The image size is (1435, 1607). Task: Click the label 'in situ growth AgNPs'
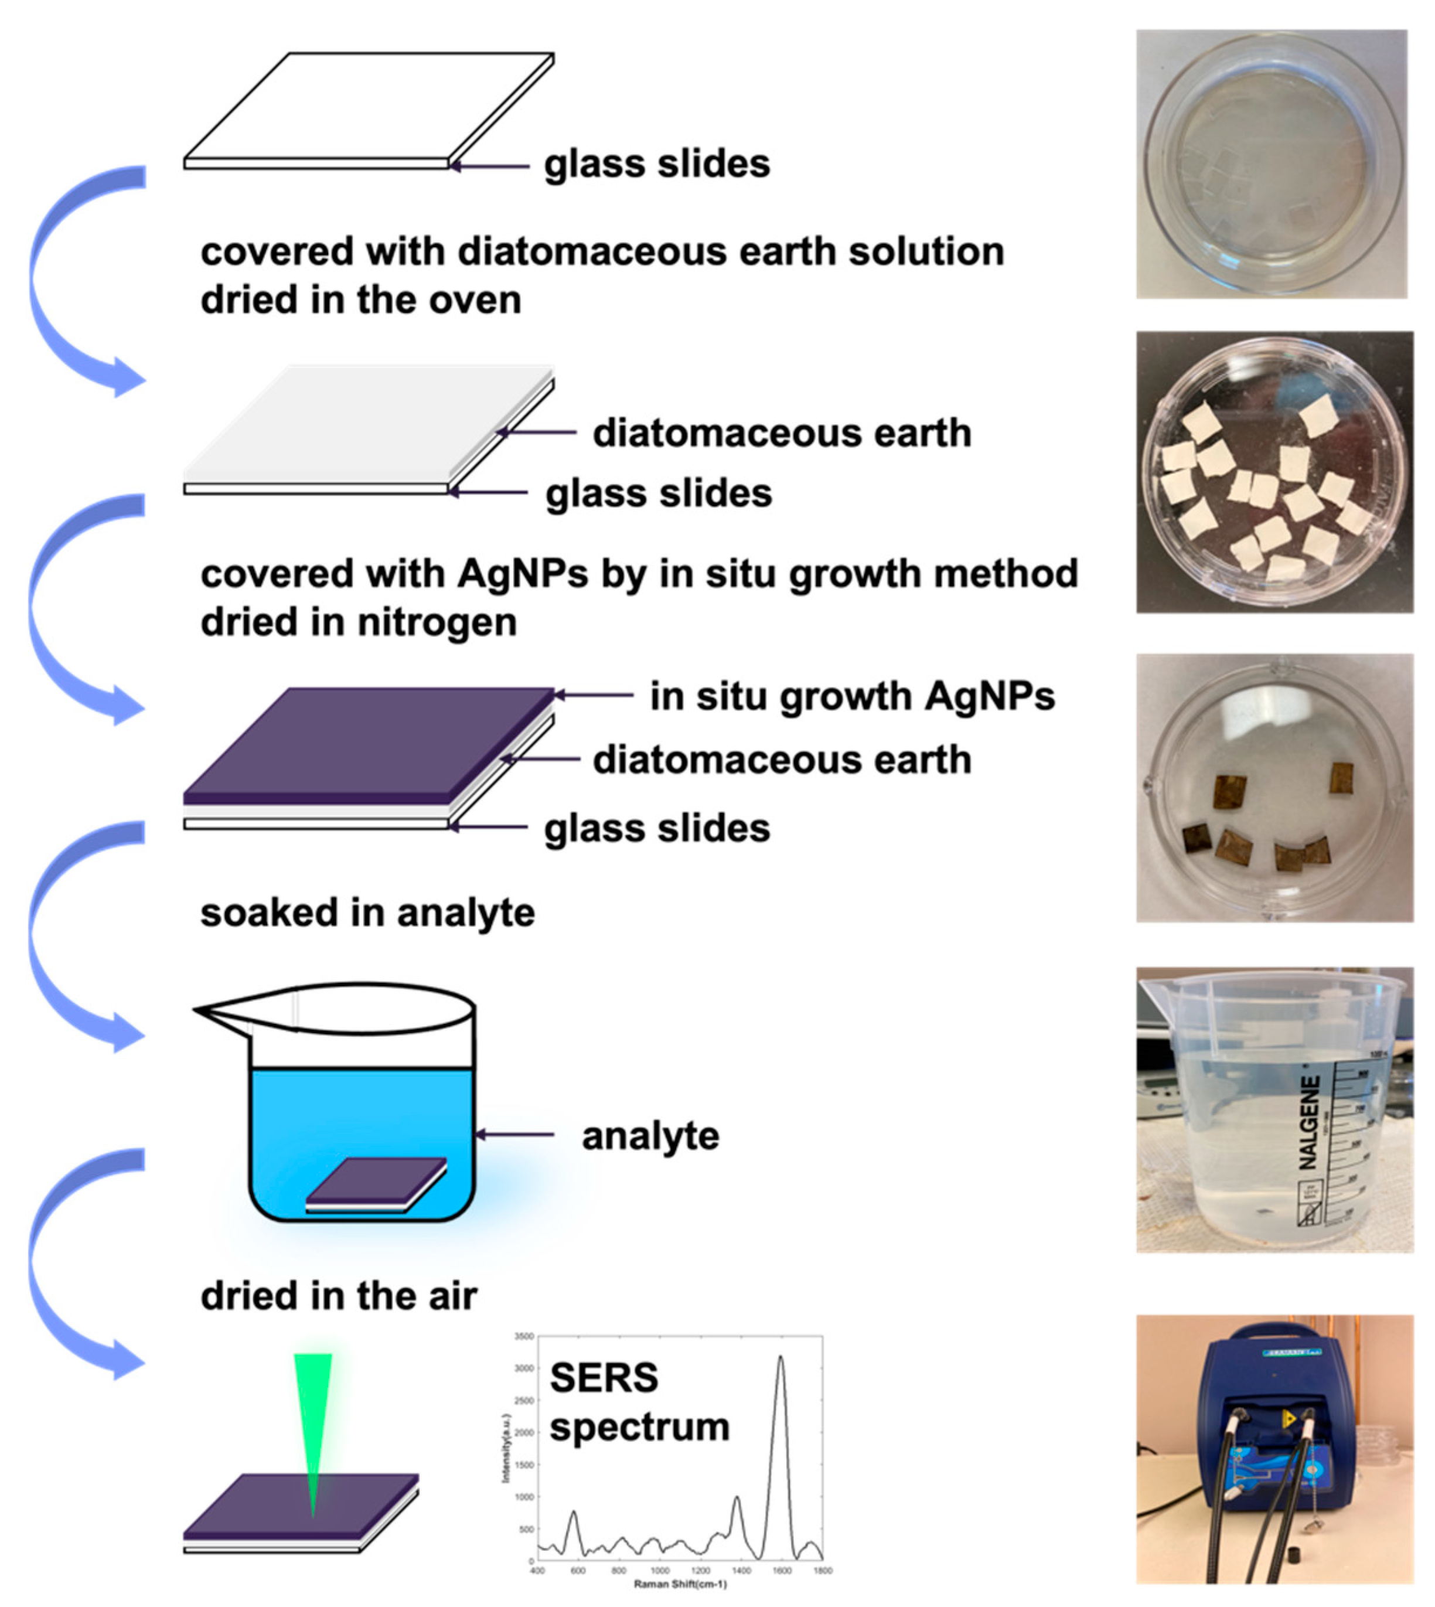coord(851,696)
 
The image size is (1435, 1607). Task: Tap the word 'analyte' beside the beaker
coord(650,1136)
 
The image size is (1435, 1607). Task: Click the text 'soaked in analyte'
coord(367,913)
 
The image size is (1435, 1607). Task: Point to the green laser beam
coord(313,1419)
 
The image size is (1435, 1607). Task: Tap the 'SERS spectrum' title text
coord(639,1404)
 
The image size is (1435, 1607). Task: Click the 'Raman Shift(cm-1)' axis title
coord(680,1584)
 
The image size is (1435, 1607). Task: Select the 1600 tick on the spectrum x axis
coord(781,1571)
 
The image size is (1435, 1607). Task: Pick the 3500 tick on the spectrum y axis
coord(524,1337)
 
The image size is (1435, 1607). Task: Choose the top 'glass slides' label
coord(657,164)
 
